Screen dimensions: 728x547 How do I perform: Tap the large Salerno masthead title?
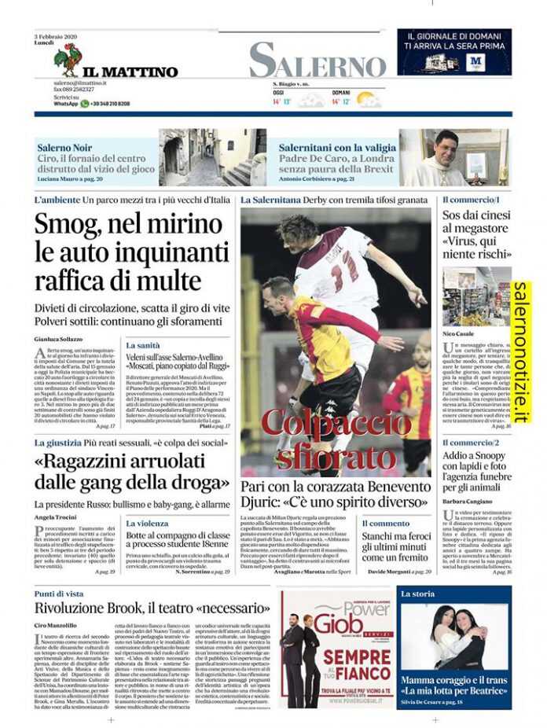(x=318, y=61)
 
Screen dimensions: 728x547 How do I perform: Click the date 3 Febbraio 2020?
(x=54, y=36)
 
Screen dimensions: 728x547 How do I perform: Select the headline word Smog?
(x=65, y=225)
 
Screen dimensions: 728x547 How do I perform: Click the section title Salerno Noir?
(x=64, y=147)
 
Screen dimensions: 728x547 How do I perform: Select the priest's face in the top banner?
(x=446, y=148)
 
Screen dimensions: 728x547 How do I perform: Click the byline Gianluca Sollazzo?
(x=58, y=339)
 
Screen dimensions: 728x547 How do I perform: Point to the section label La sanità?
(x=143, y=345)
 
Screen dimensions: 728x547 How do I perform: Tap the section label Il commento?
(x=385, y=523)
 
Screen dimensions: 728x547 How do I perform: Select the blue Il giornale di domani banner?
(x=453, y=52)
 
